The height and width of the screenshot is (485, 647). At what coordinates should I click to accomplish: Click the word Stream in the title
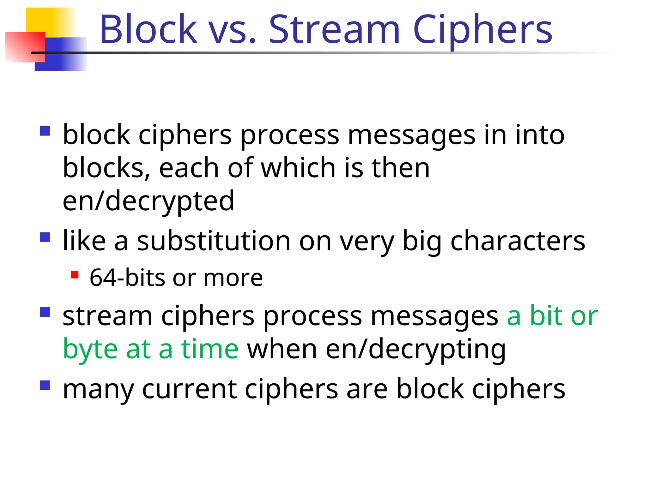point(334,30)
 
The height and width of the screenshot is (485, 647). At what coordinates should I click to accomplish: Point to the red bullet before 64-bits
point(75,274)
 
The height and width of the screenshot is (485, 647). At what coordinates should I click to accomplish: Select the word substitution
point(213,241)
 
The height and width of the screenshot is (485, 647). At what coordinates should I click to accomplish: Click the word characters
point(517,241)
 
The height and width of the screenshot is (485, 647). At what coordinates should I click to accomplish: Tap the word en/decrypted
point(148,201)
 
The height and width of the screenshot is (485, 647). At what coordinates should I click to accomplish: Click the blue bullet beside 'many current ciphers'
point(45,385)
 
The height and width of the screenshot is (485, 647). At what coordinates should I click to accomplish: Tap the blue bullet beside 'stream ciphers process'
point(45,312)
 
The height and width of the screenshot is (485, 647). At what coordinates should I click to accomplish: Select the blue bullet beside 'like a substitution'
point(45,237)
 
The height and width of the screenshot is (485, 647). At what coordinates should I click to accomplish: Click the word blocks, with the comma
point(106,168)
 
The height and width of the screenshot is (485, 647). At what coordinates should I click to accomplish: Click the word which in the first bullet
point(298,168)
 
